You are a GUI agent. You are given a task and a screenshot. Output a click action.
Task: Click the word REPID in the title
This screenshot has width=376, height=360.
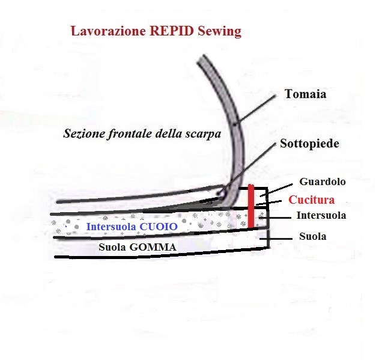coord(172,31)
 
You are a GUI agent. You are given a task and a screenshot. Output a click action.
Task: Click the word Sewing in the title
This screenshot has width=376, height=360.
coord(220,32)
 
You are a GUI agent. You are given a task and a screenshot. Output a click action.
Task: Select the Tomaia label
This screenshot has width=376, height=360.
coord(306,94)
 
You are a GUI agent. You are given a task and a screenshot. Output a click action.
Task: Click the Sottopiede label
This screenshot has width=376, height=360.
coord(309,144)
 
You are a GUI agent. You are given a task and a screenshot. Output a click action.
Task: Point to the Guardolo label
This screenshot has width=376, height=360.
coord(323,182)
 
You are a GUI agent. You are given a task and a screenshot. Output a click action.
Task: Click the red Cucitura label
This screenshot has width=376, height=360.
coord(311,200)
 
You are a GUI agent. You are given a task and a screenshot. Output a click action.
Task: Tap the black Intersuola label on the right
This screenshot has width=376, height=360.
coord(321,215)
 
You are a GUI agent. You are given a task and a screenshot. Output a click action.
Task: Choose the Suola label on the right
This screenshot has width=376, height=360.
coord(313,236)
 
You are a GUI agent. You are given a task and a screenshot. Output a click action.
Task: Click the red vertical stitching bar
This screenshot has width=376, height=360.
coord(251,206)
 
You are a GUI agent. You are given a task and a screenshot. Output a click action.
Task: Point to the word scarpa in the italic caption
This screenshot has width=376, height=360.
coord(203,134)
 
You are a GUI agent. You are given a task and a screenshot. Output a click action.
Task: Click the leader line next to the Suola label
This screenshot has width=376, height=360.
coord(276,239)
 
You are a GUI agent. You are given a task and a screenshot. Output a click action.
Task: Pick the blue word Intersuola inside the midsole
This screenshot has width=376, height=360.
coord(112,227)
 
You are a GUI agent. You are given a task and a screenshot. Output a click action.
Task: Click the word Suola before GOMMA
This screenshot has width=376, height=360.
coord(112,247)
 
